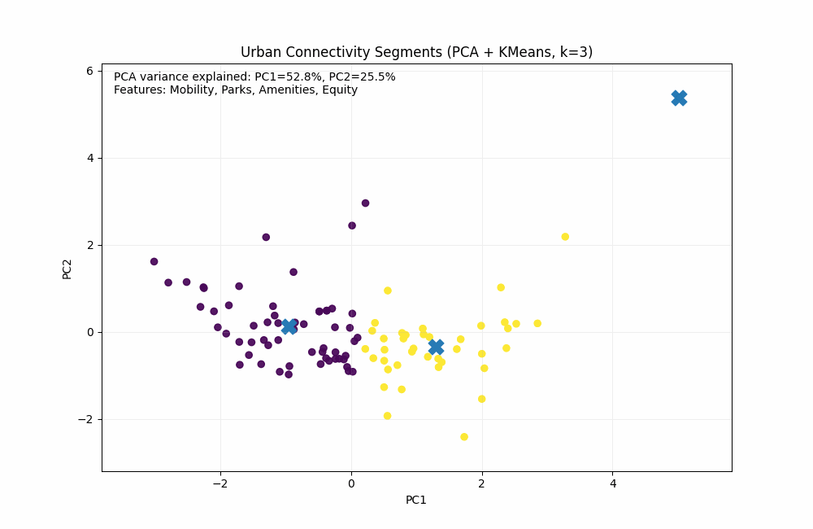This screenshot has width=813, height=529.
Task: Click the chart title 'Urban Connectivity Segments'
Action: pos(341,52)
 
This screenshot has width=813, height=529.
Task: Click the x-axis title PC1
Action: pos(416,500)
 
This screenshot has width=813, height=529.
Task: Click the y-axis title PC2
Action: pos(67,269)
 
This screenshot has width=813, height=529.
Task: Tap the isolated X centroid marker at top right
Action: pos(679,98)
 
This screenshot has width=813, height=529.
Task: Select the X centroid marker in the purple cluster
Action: pos(289,326)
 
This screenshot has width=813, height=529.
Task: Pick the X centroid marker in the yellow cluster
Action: pos(436,347)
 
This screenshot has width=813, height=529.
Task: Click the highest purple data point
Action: pos(365,203)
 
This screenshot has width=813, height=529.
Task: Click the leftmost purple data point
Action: pos(154,261)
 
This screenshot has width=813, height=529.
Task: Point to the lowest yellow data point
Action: pos(464,437)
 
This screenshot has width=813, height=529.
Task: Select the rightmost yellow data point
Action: pos(565,237)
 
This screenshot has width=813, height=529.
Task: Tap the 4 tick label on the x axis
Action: pos(613,483)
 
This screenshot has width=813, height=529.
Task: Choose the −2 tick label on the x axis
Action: pos(220,483)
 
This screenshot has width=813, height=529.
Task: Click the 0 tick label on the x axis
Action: pos(351,483)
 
